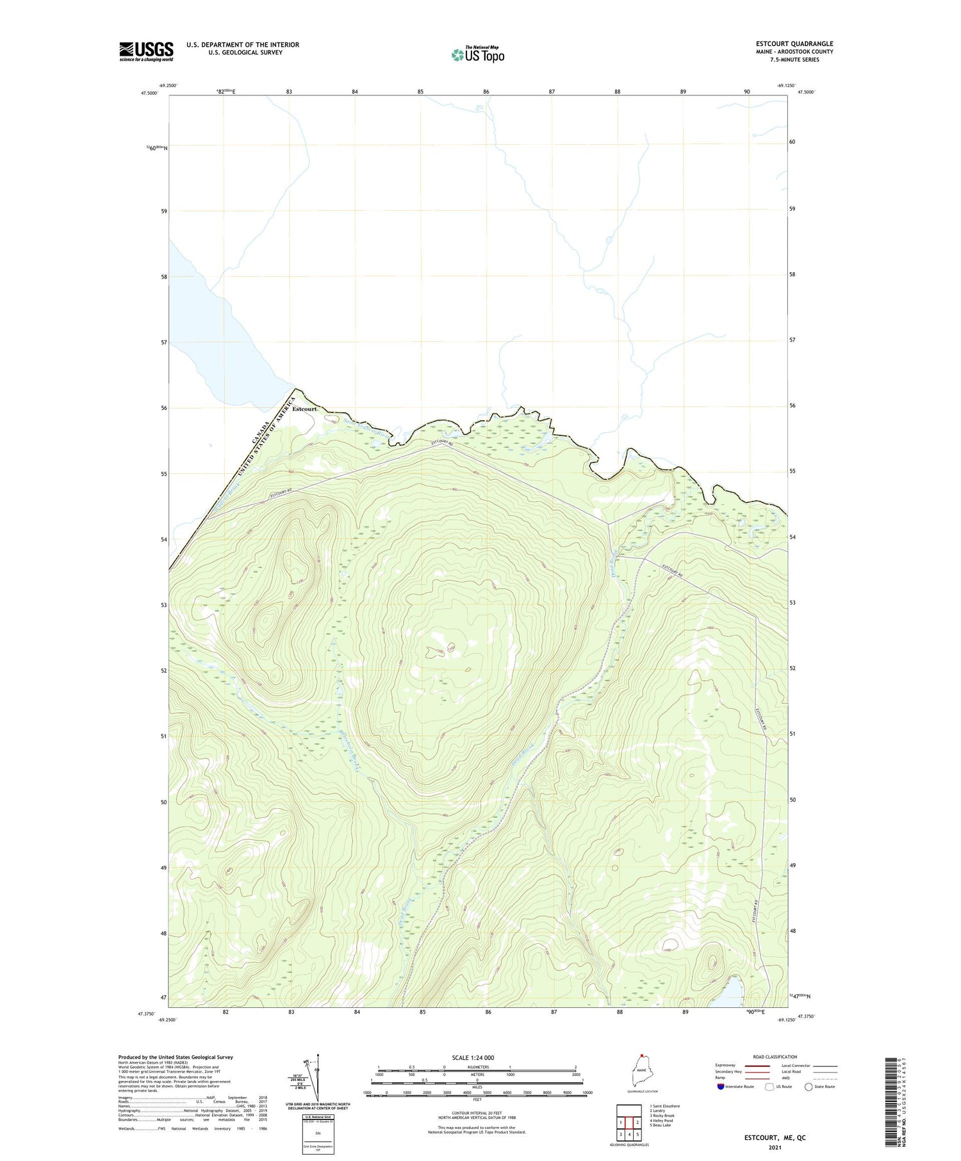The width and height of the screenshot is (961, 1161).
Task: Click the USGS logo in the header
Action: point(146,51)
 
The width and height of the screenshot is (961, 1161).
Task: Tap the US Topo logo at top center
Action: point(477,55)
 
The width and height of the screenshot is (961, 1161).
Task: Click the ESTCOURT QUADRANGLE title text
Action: point(794,44)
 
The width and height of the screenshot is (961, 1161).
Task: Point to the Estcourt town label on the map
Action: point(304,409)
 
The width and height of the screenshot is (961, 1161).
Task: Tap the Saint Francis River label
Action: point(366,427)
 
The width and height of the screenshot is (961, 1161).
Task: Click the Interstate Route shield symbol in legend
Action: point(721,1087)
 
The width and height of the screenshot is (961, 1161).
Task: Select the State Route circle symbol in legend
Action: point(809,1087)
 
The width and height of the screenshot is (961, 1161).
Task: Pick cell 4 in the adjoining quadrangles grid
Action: point(629,1134)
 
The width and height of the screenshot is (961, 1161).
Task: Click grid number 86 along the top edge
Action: point(486,92)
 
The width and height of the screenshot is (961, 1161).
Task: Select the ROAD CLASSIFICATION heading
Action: point(775,1057)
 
